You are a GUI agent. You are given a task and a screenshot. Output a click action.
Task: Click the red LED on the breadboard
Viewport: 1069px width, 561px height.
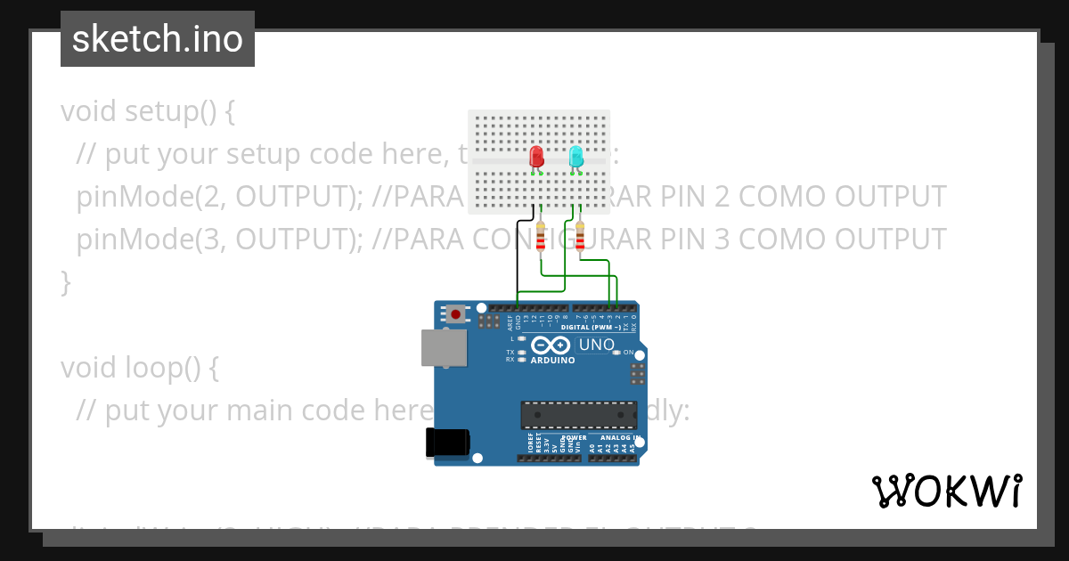(536, 158)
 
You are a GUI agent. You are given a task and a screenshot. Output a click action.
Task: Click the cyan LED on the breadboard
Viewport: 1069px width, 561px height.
(575, 158)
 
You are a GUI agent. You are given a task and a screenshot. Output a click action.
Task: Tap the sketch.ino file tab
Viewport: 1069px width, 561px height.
(158, 39)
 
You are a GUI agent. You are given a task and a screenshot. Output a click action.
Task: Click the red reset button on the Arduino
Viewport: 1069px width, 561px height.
(456, 313)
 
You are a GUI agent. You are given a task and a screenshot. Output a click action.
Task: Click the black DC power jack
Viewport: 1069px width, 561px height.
(446, 443)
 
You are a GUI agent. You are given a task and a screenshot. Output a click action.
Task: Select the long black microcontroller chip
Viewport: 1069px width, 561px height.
(579, 415)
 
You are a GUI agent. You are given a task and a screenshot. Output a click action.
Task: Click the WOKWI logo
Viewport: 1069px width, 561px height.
(947, 491)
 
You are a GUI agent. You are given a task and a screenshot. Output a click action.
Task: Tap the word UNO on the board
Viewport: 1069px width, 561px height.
(596, 345)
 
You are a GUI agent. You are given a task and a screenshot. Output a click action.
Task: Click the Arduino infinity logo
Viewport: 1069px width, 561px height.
(550, 346)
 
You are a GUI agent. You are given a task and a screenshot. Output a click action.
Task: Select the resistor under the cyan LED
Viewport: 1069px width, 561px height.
(580, 238)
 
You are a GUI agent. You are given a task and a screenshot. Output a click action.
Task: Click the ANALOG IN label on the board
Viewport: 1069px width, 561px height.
(618, 438)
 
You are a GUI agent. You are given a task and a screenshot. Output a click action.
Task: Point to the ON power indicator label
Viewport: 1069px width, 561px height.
(628, 353)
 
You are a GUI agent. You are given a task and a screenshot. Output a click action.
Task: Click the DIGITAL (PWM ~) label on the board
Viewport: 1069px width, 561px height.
(591, 327)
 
